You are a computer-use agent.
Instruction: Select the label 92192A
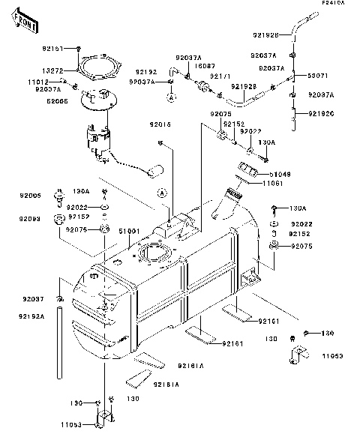pyautogui.click(x=30, y=316)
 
